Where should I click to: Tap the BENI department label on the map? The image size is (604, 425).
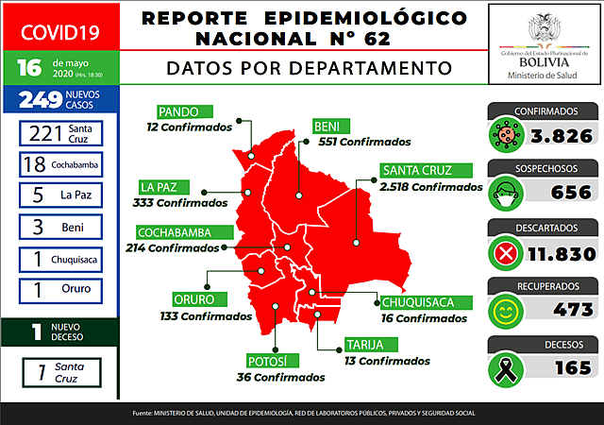pyautogui.click(x=331, y=127)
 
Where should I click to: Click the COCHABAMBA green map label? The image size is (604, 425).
pyautogui.click(x=179, y=232)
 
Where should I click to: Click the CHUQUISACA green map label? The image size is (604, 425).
pyautogui.click(x=425, y=302)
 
